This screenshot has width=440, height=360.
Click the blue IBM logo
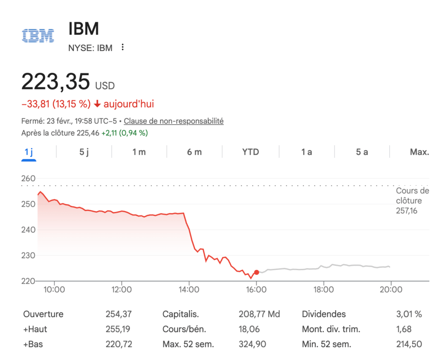(x=38, y=35)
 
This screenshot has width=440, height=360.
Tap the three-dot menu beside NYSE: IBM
(x=122, y=47)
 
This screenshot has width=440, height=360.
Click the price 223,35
(x=56, y=82)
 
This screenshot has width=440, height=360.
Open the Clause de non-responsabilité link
(x=174, y=121)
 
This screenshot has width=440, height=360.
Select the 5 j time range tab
(x=84, y=152)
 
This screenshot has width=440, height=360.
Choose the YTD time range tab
(x=251, y=152)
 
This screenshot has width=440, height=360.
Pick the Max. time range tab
(x=419, y=152)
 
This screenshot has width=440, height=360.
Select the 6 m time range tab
(x=194, y=152)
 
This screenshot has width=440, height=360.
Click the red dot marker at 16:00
(x=257, y=272)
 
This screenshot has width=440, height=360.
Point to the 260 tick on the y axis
(x=28, y=178)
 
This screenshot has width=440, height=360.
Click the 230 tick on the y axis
(x=28, y=256)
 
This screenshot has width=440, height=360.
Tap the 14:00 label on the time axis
(x=189, y=290)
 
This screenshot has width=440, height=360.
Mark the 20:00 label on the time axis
(x=391, y=290)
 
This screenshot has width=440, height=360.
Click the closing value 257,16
(x=406, y=211)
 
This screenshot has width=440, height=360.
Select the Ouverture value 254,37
(x=119, y=314)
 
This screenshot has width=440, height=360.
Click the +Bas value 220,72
(x=119, y=344)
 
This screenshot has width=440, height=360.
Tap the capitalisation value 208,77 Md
(x=259, y=314)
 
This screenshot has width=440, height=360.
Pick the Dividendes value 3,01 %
(x=409, y=314)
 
